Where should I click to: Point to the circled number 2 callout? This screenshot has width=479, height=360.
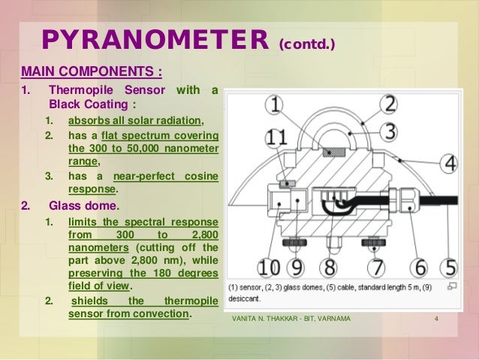pos(387,104)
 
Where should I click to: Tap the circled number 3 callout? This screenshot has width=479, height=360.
pos(387,131)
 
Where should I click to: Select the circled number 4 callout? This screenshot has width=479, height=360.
pos(450,162)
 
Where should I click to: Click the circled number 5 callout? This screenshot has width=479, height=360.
pos(449,266)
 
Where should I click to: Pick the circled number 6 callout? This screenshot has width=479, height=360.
pos(420,266)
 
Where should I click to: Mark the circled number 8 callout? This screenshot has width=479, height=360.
pos(327,266)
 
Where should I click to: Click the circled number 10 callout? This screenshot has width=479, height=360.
pos(267,266)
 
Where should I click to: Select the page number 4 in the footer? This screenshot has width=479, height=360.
pos(436,323)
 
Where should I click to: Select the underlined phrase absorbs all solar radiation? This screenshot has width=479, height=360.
pos(135,120)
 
